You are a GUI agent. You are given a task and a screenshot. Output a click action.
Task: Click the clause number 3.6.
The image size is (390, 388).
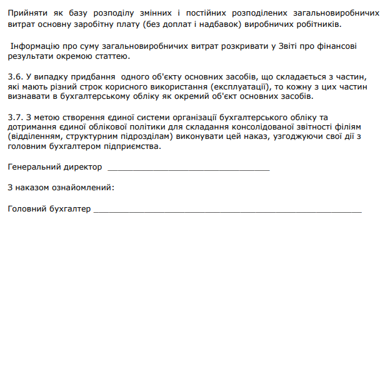coord(14,76)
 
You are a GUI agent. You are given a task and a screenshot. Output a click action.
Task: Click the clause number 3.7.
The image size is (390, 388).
coord(14,117)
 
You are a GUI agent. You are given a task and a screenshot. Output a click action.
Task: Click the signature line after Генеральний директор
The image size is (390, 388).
coord(189,170)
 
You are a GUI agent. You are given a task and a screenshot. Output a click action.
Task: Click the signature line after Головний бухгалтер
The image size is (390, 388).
coord(227,211)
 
